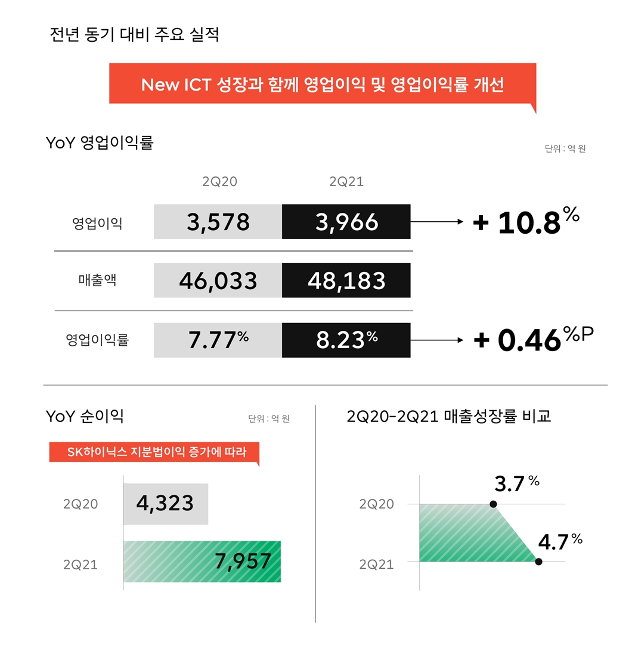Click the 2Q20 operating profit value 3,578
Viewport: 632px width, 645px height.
tap(218, 222)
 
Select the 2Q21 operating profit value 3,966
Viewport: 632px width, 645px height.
tap(346, 222)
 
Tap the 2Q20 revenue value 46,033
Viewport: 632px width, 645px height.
tap(218, 280)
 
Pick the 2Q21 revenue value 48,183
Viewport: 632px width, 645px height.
tap(346, 280)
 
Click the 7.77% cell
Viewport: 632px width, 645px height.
tap(218, 340)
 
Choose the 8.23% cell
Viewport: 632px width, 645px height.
tap(346, 340)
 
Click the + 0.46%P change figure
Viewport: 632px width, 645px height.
tap(534, 340)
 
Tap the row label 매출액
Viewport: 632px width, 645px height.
tap(97, 280)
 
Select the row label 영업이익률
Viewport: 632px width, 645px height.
tap(97, 340)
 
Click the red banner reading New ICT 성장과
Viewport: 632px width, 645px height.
tap(323, 84)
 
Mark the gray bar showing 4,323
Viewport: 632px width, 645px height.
tap(166, 504)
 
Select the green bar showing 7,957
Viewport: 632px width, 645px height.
tap(202, 562)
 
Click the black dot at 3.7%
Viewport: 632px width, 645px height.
tap(493, 504)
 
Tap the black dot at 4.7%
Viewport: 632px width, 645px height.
tap(538, 562)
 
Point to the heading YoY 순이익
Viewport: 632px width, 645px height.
tap(85, 416)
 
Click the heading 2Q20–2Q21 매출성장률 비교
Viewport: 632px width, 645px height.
tap(448, 416)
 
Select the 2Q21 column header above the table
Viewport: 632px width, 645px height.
tap(346, 182)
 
